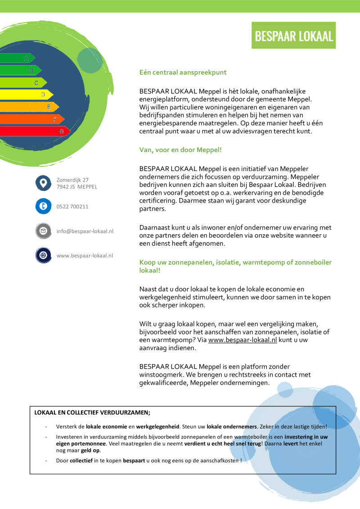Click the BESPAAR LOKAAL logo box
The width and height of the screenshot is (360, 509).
click(x=293, y=36)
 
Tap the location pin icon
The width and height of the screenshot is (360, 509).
click(x=43, y=183)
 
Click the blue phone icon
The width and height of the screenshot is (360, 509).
click(x=43, y=207)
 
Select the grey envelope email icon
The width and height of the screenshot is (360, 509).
click(x=43, y=231)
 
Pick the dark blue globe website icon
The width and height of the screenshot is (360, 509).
click(x=43, y=255)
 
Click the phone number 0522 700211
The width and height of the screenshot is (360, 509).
click(x=72, y=207)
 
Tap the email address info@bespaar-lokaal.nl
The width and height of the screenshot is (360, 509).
click(x=85, y=231)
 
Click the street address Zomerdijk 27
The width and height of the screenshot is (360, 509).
click(x=72, y=180)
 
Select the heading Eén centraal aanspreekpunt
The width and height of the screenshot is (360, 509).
click(x=183, y=72)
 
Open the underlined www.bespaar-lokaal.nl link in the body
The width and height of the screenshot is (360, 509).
click(x=243, y=340)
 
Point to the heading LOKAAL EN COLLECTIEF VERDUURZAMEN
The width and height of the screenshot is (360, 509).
click(x=92, y=412)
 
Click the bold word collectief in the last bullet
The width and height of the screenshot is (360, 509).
click(x=81, y=460)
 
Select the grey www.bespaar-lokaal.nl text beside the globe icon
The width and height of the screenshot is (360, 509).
click(x=85, y=255)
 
